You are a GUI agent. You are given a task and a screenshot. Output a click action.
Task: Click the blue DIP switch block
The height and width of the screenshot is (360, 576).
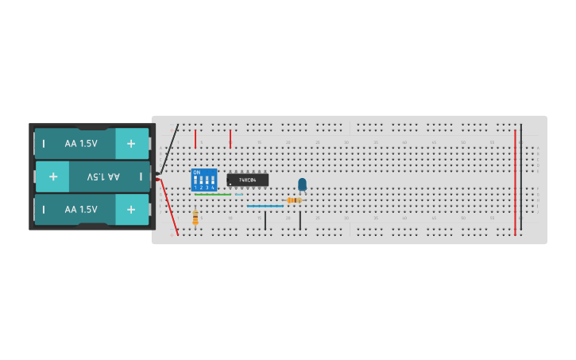coord(204,179)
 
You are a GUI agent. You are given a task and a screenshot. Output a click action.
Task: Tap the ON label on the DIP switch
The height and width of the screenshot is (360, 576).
coord(197,172)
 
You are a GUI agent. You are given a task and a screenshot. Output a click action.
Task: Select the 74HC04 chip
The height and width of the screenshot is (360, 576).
coord(247,180)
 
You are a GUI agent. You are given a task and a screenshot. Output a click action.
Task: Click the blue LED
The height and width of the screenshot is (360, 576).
coord(302,184)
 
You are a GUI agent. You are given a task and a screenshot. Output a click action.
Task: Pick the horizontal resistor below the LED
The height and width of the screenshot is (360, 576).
coord(294,200)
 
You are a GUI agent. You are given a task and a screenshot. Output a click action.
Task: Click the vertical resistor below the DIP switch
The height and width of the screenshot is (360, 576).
coord(195,216)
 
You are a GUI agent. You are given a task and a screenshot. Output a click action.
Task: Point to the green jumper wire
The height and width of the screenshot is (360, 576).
coord(213,194)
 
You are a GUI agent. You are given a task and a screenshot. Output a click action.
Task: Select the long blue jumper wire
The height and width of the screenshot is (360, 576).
coord(265,206)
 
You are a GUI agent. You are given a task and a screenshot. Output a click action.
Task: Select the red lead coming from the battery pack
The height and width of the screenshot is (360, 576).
coord(168,207)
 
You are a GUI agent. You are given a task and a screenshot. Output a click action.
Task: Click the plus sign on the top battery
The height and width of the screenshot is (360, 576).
coord(131,144)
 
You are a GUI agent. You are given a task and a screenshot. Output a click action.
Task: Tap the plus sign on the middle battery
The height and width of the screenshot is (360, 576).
coord(52,176)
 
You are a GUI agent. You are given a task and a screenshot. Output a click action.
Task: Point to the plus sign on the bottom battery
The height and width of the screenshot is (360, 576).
coord(131,209)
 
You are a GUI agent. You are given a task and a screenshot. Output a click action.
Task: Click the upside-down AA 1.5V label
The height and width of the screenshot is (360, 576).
coord(103,176)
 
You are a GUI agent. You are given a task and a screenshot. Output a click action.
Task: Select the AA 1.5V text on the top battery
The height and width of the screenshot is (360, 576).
coord(81,144)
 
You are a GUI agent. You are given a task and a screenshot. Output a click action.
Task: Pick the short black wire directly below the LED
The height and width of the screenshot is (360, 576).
coord(300,220)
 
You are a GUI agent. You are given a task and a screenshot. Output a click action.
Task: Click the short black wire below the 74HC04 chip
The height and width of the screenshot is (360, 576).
coord(265,220)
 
